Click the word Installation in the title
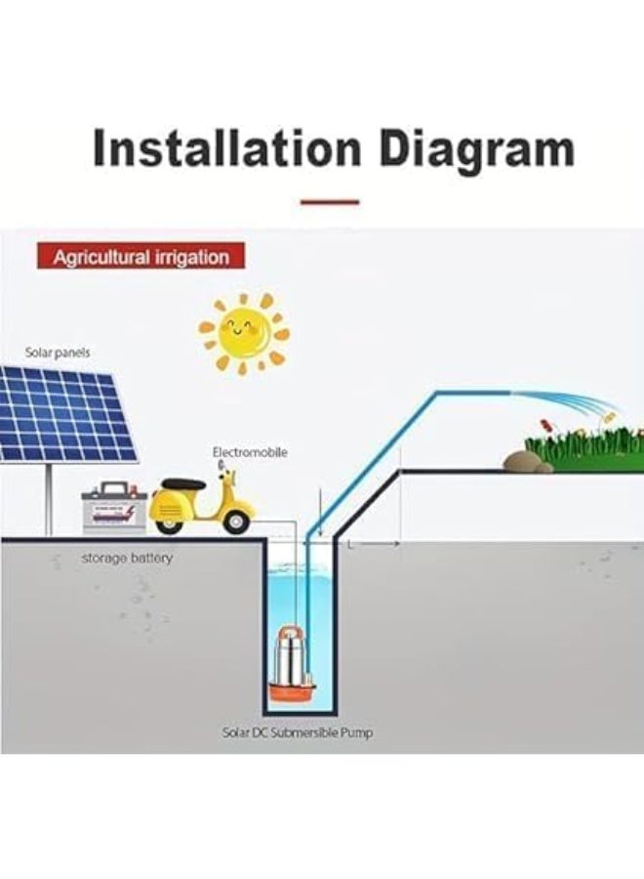226,148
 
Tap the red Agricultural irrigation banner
141,256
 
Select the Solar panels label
58,353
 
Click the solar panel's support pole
49,499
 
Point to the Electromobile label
250,452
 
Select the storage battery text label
127,559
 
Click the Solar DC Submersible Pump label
298,732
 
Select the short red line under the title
330,202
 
